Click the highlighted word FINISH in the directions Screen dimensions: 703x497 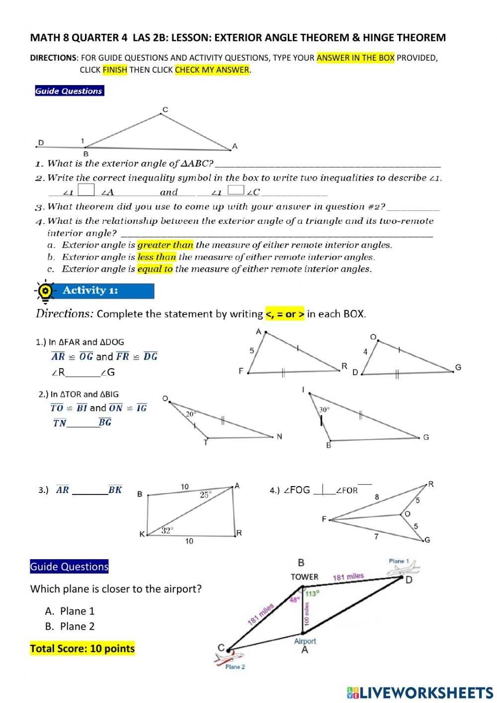click(115, 70)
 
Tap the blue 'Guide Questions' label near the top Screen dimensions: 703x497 click(69, 91)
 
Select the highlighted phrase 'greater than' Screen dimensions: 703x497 click(165, 245)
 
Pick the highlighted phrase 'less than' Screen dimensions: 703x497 click(157, 257)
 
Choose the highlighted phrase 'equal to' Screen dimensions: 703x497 click(155, 269)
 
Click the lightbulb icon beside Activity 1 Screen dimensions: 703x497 click(45, 291)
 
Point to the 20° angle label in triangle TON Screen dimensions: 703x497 click(191, 413)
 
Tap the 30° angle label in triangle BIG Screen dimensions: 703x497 click(324, 409)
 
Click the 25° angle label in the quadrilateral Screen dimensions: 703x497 click(206, 495)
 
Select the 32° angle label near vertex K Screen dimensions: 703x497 click(167, 530)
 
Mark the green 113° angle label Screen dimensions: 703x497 click(312, 593)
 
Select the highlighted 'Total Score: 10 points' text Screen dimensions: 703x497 click(83, 648)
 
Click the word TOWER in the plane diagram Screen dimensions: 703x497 click(304, 577)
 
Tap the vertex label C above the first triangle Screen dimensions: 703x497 click(166, 109)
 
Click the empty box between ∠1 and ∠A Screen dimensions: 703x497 click(86, 191)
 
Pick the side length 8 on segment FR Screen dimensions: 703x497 click(377, 497)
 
